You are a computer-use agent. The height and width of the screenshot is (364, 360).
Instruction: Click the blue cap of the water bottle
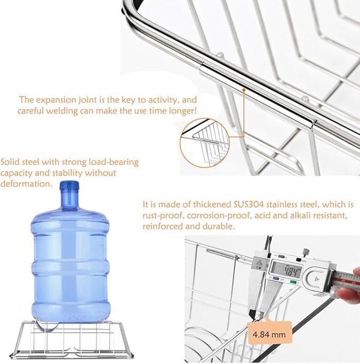point(69,186)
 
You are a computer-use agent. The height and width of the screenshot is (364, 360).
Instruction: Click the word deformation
point(27,183)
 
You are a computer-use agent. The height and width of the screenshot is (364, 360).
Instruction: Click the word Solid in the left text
point(11,162)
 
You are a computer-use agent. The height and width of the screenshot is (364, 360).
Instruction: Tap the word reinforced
point(162,226)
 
